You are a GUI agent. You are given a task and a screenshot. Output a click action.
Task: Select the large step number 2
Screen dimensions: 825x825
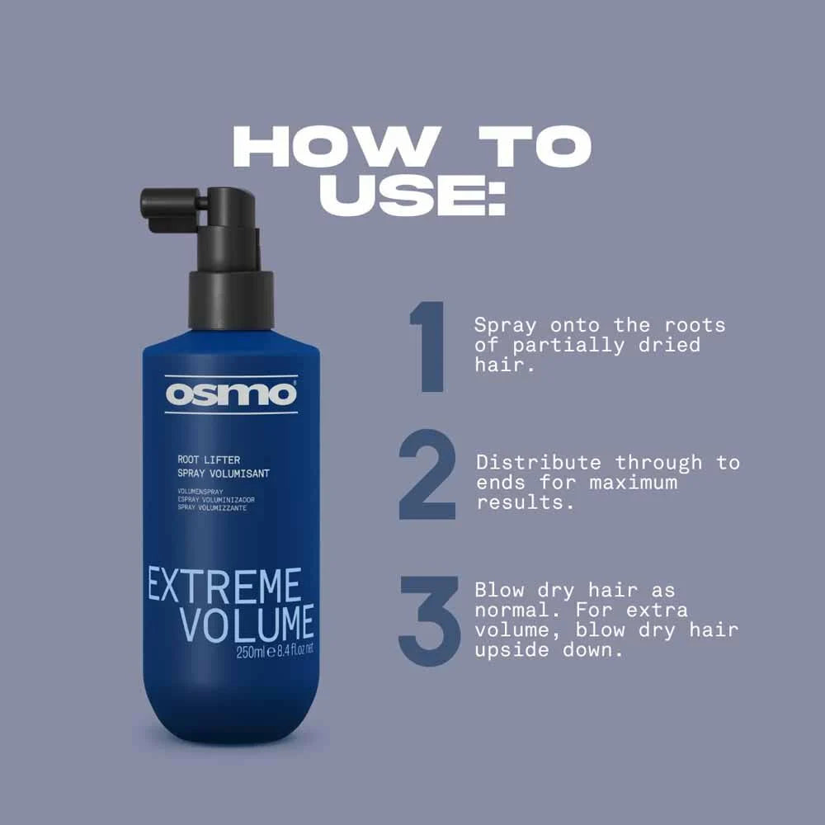click(x=427, y=476)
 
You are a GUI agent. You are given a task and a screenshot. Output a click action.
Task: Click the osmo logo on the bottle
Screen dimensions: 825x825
click(x=230, y=394)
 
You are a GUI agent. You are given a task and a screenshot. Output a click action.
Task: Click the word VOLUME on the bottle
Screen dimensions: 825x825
click(x=247, y=625)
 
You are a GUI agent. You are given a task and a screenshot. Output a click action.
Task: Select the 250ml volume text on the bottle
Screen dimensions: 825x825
click(x=251, y=651)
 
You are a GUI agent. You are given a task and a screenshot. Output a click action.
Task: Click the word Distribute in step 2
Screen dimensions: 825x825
click(x=539, y=463)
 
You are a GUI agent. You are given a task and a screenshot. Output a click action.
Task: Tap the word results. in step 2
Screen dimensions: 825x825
click(x=525, y=502)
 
